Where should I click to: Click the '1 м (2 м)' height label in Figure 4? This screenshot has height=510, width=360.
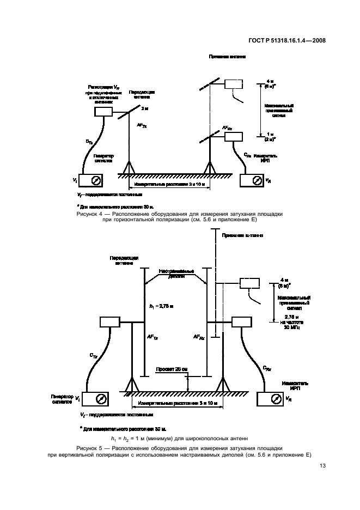tap(270, 137)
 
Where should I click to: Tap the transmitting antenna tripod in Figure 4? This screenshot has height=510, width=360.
tap(129, 166)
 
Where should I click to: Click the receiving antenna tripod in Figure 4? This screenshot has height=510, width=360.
tap(209, 166)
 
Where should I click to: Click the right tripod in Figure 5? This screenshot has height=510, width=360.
tap(223, 385)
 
